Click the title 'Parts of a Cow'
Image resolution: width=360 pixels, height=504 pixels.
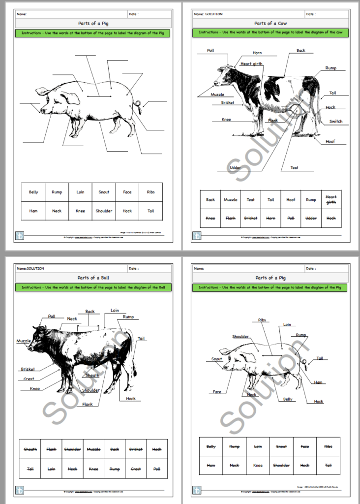pos(270,23)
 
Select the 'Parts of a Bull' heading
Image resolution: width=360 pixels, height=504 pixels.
pos(93,278)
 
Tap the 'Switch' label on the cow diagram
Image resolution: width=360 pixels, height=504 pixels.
pos(336,122)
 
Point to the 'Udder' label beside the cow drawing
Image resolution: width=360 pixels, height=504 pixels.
pos(235,168)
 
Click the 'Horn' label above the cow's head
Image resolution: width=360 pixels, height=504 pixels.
pos(257,53)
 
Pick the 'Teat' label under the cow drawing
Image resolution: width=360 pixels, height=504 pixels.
pos(294,168)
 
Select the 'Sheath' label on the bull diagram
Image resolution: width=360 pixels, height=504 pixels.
pos(92,376)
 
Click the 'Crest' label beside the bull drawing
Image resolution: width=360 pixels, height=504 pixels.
pos(29,379)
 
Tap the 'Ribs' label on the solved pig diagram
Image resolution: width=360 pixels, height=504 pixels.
pos(263,320)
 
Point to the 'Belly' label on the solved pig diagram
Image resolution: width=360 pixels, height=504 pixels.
pos(288,400)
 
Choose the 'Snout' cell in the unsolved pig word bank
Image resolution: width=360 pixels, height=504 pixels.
pos(103,192)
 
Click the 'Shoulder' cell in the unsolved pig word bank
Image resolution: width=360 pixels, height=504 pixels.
pos(103,211)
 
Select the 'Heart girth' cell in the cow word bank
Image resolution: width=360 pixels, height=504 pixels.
pos(331,199)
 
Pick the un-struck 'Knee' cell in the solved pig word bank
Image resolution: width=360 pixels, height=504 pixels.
pos(258,465)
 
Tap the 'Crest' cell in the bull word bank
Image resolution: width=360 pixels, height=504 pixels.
pos(136,469)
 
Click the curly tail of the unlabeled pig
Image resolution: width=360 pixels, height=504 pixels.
pos(139,104)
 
